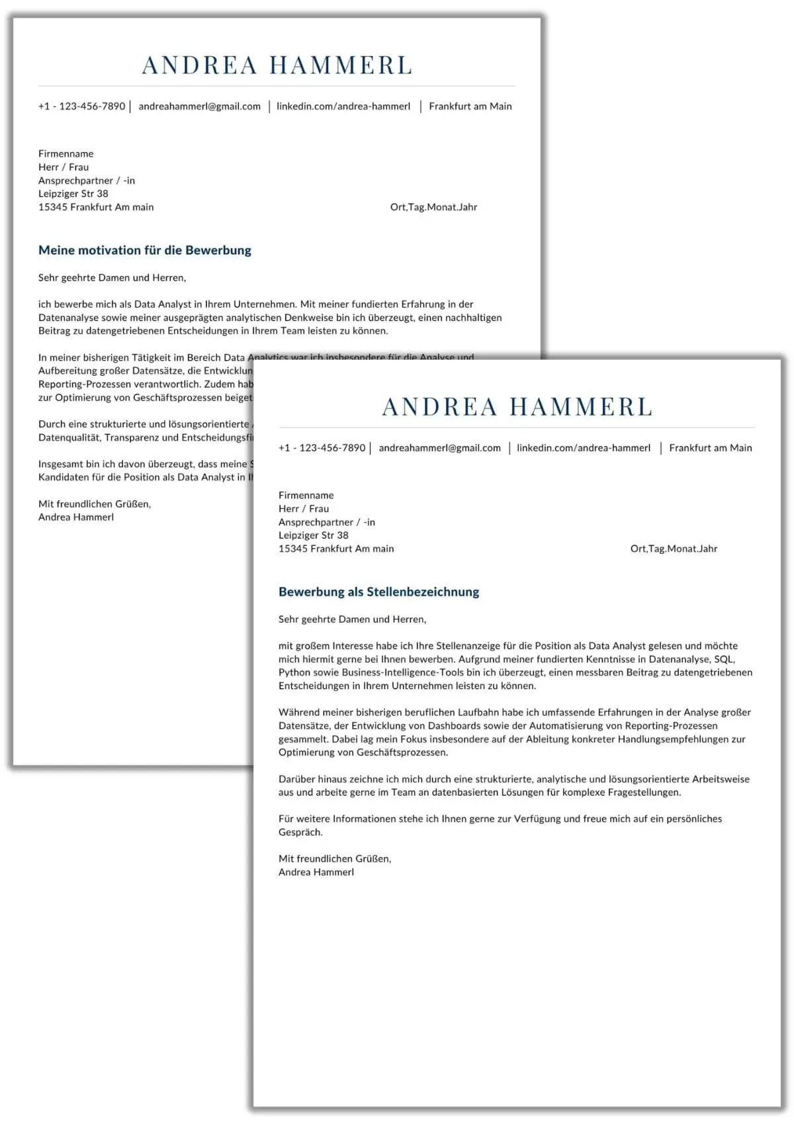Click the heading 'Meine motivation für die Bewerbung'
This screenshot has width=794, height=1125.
click(x=145, y=250)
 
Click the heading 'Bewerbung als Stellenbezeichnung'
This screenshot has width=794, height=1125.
click(x=378, y=592)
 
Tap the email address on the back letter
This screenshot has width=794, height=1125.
click(x=199, y=106)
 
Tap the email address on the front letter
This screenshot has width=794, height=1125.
click(x=439, y=448)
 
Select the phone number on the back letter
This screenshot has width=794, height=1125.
click(x=81, y=106)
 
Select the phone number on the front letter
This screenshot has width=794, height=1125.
click(x=322, y=448)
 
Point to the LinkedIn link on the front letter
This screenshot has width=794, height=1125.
click(x=584, y=448)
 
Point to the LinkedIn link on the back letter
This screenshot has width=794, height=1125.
click(x=343, y=106)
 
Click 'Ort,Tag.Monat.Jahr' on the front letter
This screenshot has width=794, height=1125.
click(x=674, y=549)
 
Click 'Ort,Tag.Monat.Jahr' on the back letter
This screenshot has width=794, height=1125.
click(x=433, y=207)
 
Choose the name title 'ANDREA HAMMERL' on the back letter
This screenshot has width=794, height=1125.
click(x=277, y=66)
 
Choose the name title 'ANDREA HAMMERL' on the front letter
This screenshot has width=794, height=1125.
click(x=517, y=407)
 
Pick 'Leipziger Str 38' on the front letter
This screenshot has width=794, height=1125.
click(x=313, y=535)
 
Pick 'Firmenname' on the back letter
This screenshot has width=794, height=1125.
click(x=66, y=154)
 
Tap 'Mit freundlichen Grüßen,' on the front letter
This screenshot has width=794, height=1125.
click(x=335, y=858)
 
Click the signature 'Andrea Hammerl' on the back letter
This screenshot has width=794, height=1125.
click(x=76, y=517)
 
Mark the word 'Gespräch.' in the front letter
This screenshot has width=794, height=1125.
click(x=300, y=832)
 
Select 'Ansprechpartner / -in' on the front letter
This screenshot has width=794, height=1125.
click(x=327, y=522)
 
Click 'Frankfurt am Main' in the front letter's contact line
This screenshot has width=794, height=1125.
click(x=710, y=448)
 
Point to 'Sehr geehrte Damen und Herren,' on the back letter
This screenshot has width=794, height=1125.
click(x=112, y=277)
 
